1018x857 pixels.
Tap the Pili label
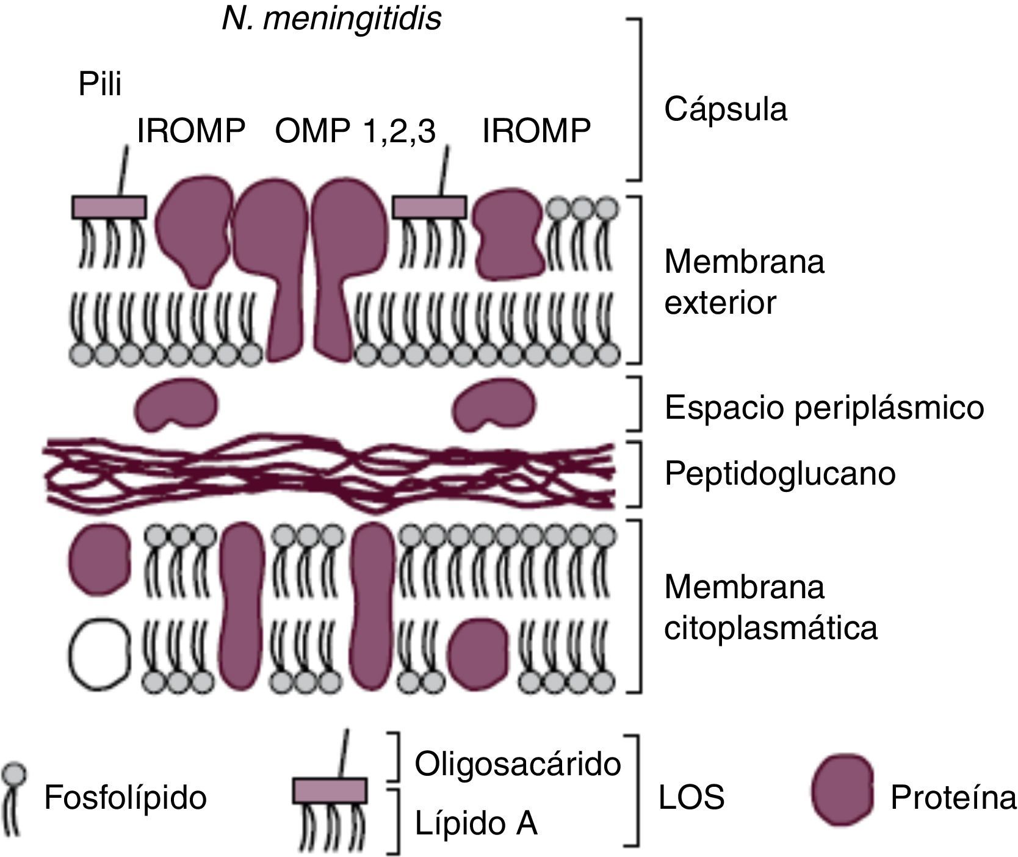[100, 84]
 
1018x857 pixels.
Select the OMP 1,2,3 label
[355, 131]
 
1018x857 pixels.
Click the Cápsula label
[725, 110]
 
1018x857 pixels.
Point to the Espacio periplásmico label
[824, 407]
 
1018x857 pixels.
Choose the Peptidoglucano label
[779, 473]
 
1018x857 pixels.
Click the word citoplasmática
[770, 627]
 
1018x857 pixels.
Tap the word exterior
[720, 303]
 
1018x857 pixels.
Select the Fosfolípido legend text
[125, 797]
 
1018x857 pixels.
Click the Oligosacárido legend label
[518, 764]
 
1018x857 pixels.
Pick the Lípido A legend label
[476, 823]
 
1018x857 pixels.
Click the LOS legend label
[691, 797]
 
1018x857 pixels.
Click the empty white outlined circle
[99, 654]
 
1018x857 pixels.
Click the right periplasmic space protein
[495, 403]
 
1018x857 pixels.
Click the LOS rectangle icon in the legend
[330, 790]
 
